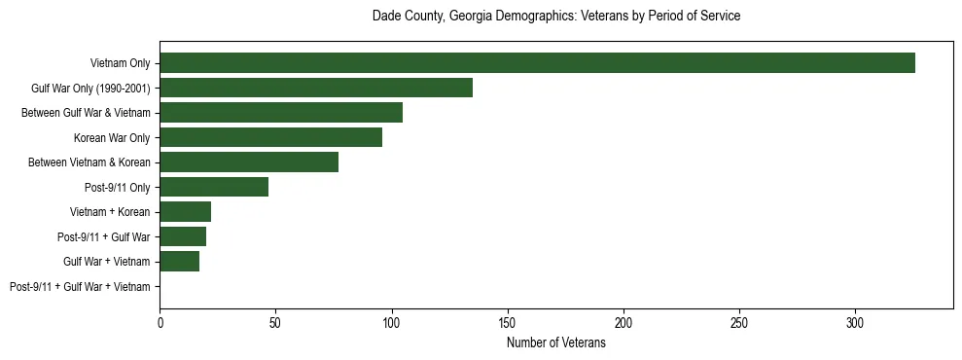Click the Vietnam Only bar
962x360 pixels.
[x=537, y=63]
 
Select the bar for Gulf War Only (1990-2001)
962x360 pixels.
[x=316, y=88]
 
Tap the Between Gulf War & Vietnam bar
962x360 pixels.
[x=281, y=113]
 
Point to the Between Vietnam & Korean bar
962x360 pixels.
[x=249, y=162]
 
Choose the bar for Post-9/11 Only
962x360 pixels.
[x=214, y=187]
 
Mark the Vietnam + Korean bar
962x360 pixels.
[x=186, y=212]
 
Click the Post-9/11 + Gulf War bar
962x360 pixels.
[x=183, y=236]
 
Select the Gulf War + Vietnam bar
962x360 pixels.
[x=180, y=262]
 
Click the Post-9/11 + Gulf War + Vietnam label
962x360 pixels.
[x=80, y=287]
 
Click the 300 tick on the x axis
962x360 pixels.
[x=855, y=321]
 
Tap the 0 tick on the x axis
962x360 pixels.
[x=160, y=321]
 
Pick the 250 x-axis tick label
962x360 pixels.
[x=739, y=321]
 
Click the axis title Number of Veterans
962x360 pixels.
[x=556, y=342]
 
